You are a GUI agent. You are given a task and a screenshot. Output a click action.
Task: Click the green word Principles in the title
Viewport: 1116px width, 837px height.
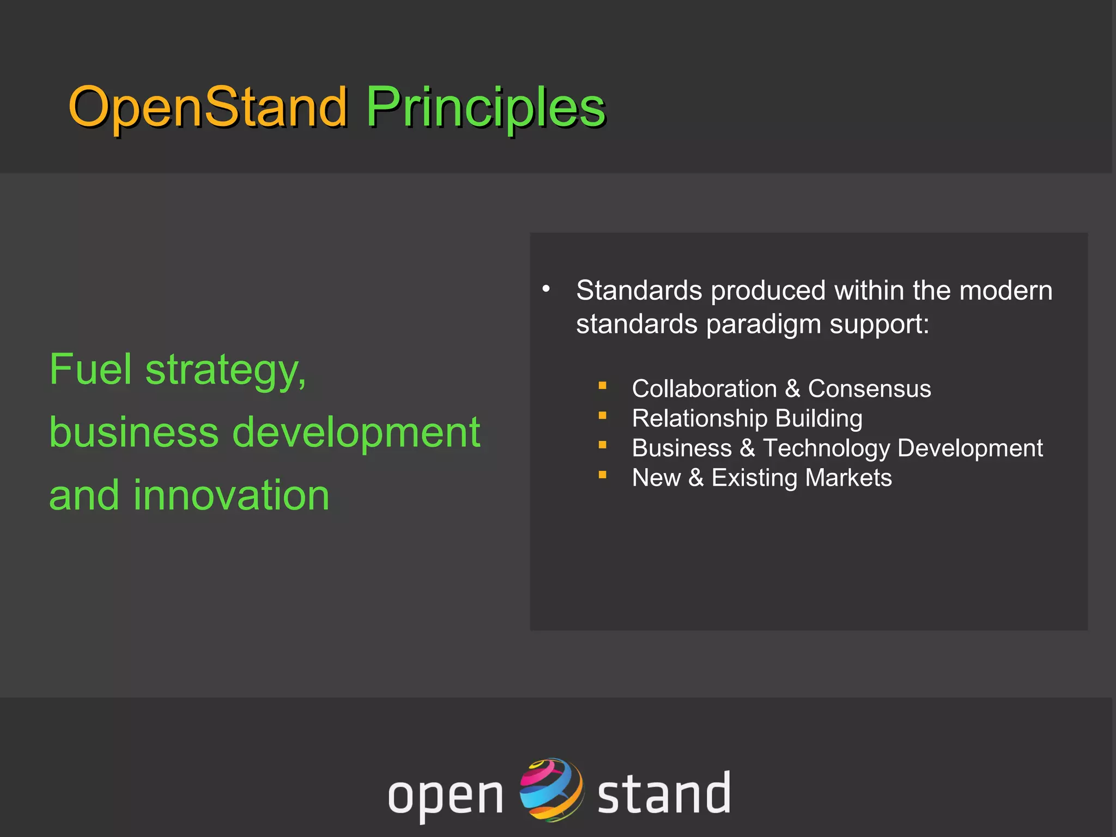pos(485,107)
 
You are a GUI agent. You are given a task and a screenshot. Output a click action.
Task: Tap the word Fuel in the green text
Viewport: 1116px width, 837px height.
pos(90,369)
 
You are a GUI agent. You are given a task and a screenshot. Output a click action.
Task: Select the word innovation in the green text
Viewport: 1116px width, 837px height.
pos(232,495)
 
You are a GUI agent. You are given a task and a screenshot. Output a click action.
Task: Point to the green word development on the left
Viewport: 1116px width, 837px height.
pos(356,432)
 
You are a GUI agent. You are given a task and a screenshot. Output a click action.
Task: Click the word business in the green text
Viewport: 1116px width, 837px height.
pos(134,432)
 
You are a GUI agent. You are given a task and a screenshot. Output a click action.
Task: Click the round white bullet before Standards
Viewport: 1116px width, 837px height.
pos(546,289)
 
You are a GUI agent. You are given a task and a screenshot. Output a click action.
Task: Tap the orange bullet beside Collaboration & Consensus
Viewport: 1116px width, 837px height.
pos(602,386)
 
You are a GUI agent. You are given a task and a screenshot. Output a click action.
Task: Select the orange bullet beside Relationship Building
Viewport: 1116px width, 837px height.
pos(602,415)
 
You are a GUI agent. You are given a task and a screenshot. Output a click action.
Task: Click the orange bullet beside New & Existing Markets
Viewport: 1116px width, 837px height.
pos(602,475)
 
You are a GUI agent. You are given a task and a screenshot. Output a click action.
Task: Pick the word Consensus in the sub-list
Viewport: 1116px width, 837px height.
pos(869,389)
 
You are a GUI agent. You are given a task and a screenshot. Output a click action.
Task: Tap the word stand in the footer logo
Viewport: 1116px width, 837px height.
pos(663,793)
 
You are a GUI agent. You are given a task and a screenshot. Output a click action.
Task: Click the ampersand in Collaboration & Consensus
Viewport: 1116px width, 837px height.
pos(792,389)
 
